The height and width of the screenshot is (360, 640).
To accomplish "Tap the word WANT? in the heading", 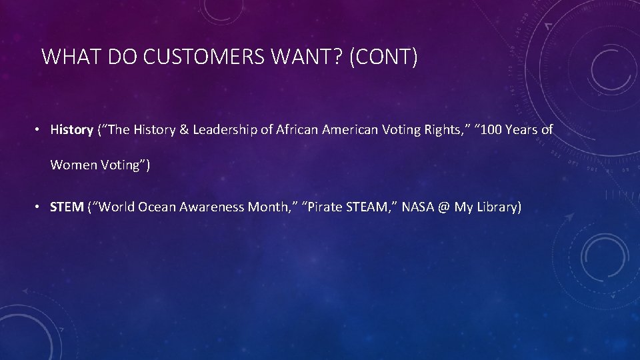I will (310, 57).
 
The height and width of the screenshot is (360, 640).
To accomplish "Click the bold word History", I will (71, 130).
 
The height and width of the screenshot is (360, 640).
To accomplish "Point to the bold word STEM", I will (67, 207).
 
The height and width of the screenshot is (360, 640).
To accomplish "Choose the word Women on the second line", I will (74, 165).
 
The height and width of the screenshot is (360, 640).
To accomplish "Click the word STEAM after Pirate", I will (370, 207).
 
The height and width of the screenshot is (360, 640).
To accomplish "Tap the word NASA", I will (418, 207).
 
